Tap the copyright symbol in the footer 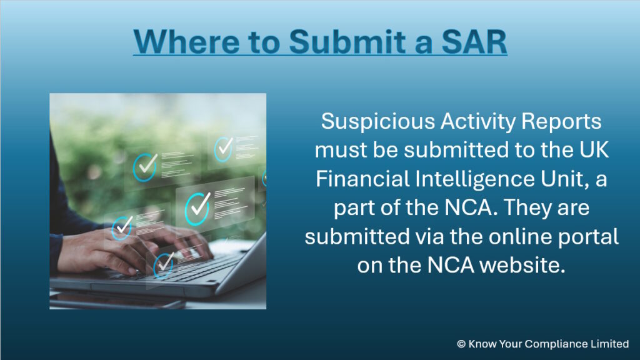point(461,344)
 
